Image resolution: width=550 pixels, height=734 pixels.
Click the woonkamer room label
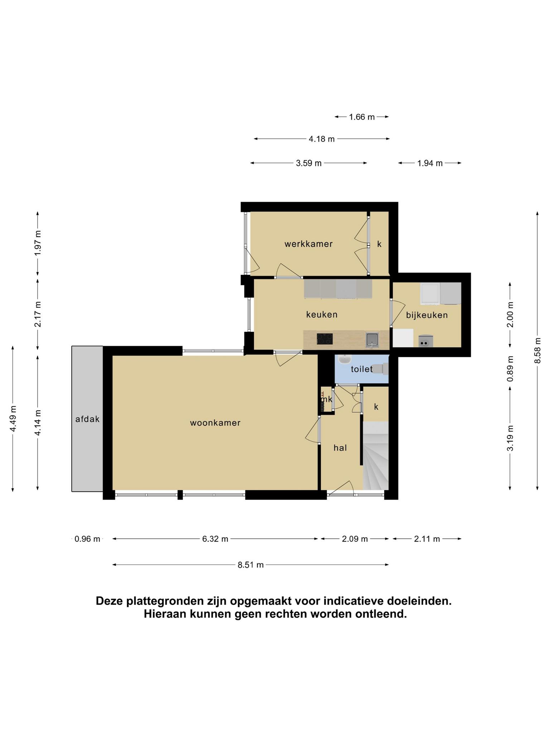pos(215,423)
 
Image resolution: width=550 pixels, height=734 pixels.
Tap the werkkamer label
pos(309,244)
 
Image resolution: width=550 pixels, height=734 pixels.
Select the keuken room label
pos(322,315)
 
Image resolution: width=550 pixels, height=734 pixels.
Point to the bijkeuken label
pos(427,315)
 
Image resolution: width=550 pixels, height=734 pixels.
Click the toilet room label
pos(362,369)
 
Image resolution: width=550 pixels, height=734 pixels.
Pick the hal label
pos(340,448)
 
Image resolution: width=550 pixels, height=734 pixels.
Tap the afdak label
pos(87,419)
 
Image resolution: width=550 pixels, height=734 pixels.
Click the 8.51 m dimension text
pos(251,565)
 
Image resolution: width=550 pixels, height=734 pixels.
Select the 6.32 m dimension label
pos(215,539)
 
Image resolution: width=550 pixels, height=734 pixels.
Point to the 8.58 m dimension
pos(537,351)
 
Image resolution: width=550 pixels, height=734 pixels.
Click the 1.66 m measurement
pos(362,117)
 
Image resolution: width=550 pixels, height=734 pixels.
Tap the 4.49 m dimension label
pos(13,419)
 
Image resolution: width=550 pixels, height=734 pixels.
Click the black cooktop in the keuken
pos(325,339)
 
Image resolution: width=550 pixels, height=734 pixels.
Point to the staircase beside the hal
pos(376,456)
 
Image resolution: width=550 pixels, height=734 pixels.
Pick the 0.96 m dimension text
pos(87,539)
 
